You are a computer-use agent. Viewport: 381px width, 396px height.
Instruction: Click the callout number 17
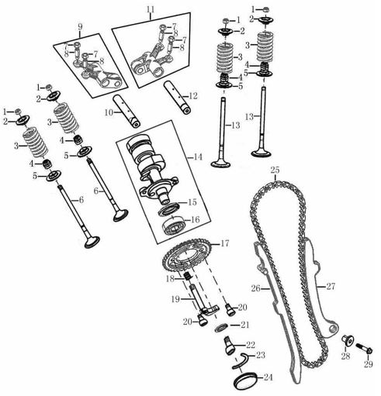[225, 243]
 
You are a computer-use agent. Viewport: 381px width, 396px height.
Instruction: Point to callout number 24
[268, 378]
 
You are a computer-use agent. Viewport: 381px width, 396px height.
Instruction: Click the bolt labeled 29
[363, 340]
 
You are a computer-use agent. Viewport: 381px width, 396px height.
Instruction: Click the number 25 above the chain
[275, 170]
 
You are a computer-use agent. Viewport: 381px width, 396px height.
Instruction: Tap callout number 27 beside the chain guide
[331, 287]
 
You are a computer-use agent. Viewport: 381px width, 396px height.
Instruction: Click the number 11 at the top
[151, 9]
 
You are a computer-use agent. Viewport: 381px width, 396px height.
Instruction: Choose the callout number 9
[79, 28]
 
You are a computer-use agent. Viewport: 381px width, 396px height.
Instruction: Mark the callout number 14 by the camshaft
[198, 157]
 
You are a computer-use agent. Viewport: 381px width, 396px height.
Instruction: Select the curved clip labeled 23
[244, 356]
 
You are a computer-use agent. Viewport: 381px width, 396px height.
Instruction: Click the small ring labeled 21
[220, 325]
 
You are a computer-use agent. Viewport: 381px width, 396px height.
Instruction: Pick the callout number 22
[251, 344]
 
